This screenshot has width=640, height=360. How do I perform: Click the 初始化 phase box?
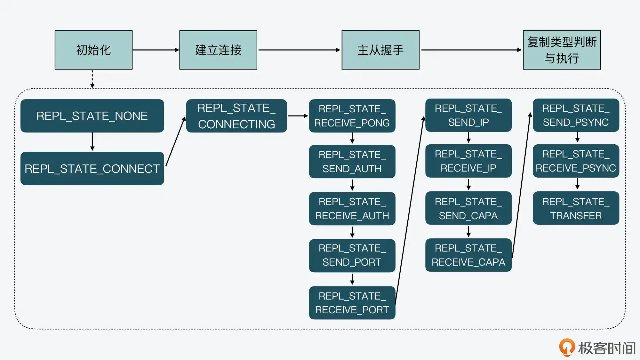(x=93, y=50)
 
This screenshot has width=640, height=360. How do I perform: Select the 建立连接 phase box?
(x=218, y=50)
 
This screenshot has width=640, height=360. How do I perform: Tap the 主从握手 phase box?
(x=380, y=50)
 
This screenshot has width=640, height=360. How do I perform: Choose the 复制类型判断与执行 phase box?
(x=562, y=50)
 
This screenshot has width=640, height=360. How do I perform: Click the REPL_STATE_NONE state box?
(x=92, y=116)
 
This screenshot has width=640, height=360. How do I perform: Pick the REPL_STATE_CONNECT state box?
(x=92, y=168)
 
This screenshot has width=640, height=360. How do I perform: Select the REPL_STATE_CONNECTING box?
(x=236, y=116)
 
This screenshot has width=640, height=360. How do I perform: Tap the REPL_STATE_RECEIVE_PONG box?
(x=352, y=116)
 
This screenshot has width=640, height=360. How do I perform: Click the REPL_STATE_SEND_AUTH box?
(x=352, y=162)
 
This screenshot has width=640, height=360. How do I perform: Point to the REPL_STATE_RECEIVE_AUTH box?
(x=352, y=209)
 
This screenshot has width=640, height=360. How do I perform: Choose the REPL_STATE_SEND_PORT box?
(x=352, y=255)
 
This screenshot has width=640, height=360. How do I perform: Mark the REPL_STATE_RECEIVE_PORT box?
(x=352, y=303)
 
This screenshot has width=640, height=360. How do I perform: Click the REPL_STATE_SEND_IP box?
(x=468, y=115)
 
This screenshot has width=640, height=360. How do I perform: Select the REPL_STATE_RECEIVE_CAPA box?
(x=468, y=255)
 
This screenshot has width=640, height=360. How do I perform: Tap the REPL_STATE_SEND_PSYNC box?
(x=576, y=115)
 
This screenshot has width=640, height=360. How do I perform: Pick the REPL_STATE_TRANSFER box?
(x=576, y=208)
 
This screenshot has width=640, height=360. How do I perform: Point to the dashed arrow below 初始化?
(x=92, y=79)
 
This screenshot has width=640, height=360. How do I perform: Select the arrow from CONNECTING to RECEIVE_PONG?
(x=298, y=116)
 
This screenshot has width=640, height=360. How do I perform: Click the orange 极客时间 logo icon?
(x=567, y=347)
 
